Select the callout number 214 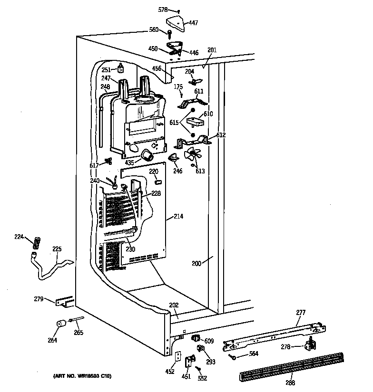(178, 217)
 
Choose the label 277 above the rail (301, 312)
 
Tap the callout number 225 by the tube (57, 249)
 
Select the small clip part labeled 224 (34, 242)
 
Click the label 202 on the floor (174, 306)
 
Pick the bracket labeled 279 (64, 302)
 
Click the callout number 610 (208, 114)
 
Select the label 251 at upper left (106, 70)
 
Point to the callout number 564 (254, 353)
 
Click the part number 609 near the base (209, 341)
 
